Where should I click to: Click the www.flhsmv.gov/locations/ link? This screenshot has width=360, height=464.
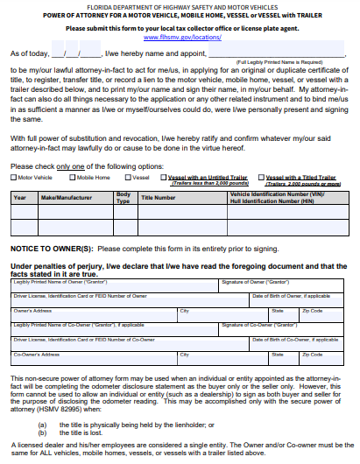point(180,39)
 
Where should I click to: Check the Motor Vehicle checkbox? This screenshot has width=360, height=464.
point(13,177)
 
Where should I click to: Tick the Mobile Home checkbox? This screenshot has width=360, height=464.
point(73,177)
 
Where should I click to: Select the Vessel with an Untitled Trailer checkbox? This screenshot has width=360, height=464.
point(163,177)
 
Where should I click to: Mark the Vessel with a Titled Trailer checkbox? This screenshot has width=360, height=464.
point(261,177)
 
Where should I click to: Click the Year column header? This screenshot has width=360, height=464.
point(19,198)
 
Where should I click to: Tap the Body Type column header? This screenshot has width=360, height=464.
point(124,198)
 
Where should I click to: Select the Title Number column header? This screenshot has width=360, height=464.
point(159,198)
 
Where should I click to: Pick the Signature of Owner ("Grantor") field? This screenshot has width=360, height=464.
point(286,285)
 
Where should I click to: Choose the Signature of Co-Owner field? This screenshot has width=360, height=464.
point(286,329)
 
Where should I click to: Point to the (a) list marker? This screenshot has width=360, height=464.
point(43,423)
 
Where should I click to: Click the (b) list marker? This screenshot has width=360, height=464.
point(43,432)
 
